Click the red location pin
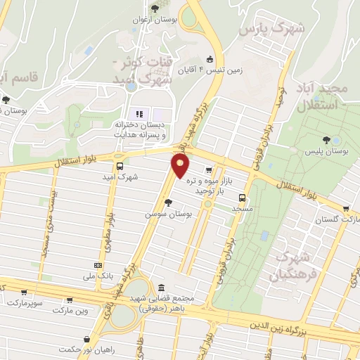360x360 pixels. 181,166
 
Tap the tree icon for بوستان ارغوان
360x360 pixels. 155,9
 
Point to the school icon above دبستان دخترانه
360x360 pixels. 139,114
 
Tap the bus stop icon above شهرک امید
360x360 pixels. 120,167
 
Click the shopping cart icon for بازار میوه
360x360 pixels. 209,170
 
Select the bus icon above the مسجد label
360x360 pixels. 242,198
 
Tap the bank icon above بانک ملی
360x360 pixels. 97,265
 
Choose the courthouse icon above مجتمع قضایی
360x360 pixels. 162,288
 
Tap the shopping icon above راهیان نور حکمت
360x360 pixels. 86,339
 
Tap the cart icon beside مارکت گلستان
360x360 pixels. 346,209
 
